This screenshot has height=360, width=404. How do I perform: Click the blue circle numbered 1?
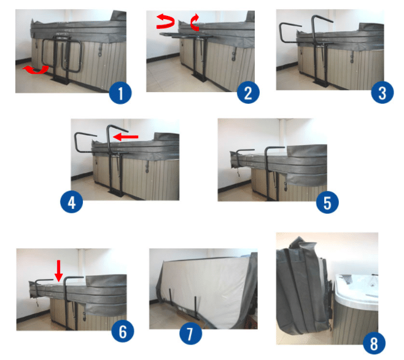pyautogui.click(x=120, y=93)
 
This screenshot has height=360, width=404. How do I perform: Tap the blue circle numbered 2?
pyautogui.click(x=248, y=93)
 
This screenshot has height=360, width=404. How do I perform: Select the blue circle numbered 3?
pyautogui.click(x=383, y=93)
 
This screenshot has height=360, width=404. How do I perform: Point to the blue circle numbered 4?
pyautogui.click(x=72, y=202)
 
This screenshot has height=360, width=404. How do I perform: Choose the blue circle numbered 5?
pyautogui.click(x=327, y=202)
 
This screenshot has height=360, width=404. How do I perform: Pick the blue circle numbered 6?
pyautogui.click(x=123, y=331)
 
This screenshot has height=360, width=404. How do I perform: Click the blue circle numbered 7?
pyautogui.click(x=191, y=334)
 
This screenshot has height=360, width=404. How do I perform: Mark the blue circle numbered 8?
pyautogui.click(x=374, y=343)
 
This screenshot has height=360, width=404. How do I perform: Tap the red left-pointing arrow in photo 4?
pyautogui.click(x=126, y=136)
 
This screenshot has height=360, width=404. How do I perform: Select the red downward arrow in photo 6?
pyautogui.click(x=59, y=271)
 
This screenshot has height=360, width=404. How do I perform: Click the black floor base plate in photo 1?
pyautogui.click(x=61, y=80)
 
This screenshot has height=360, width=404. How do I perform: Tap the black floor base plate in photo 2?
pyautogui.click(x=200, y=77)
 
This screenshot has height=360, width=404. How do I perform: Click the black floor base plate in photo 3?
pyautogui.click(x=321, y=83)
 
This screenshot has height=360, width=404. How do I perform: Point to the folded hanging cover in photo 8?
pyautogui.click(x=302, y=286)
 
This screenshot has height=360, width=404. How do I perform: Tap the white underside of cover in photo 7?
pyautogui.click(x=204, y=286)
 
